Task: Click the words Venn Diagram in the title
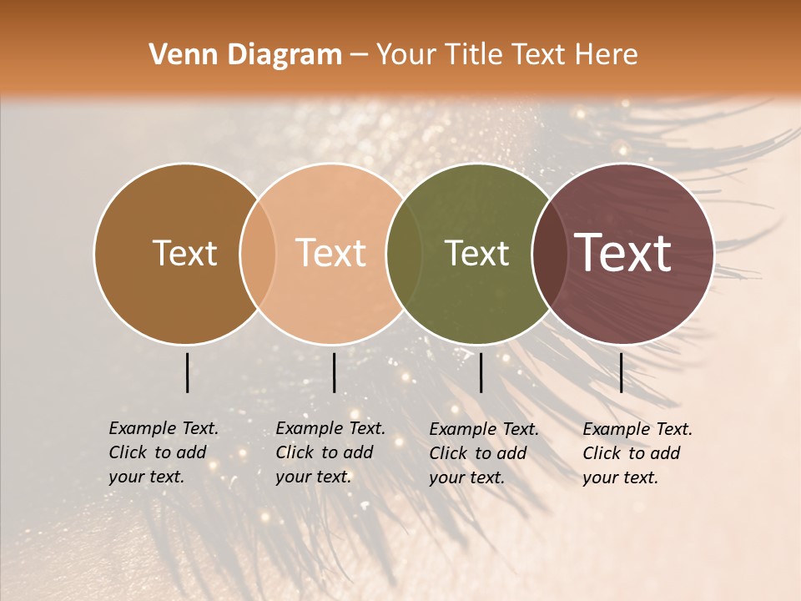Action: click(x=245, y=55)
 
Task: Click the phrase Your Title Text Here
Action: click(x=506, y=55)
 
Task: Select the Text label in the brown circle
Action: click(x=184, y=254)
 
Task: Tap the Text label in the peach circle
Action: click(x=330, y=254)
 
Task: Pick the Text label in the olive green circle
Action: click(x=476, y=254)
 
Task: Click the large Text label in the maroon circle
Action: click(x=623, y=253)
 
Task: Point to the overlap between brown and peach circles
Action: click(x=258, y=254)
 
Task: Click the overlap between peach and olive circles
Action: click(x=404, y=254)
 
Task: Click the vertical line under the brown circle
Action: click(x=187, y=372)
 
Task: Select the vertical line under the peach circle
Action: click(x=334, y=372)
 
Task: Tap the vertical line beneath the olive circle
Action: click(x=481, y=372)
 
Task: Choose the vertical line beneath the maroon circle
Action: click(x=621, y=372)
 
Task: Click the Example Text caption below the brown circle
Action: click(x=163, y=452)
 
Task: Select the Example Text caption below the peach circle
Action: click(x=330, y=452)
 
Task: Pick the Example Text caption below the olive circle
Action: click(x=483, y=453)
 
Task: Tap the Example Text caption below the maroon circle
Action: click(x=637, y=453)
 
